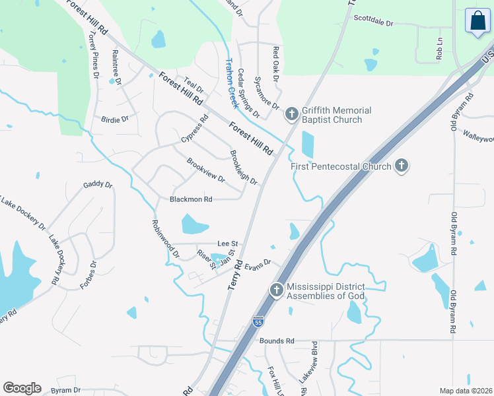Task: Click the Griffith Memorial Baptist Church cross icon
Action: (x=291, y=115)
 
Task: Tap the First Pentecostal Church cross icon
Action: (x=401, y=166)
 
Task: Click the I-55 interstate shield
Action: (x=258, y=321)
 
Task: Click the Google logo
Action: (x=22, y=388)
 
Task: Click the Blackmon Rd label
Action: (x=191, y=199)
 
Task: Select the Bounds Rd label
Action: (x=277, y=341)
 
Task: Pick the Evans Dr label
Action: (x=258, y=265)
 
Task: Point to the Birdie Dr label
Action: (x=114, y=119)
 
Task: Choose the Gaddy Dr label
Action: (x=98, y=185)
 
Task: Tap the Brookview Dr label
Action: (x=205, y=170)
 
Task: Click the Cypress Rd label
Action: (x=194, y=129)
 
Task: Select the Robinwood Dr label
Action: (x=166, y=239)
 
